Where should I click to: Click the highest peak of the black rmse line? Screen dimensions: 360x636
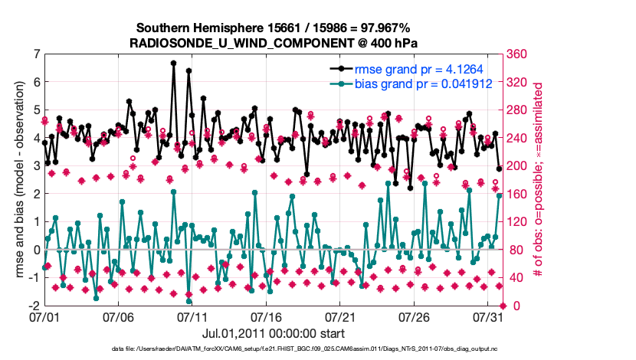pyautogui.click(x=174, y=63)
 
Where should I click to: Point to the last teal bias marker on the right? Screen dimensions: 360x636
pyautogui.click(x=499, y=195)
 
